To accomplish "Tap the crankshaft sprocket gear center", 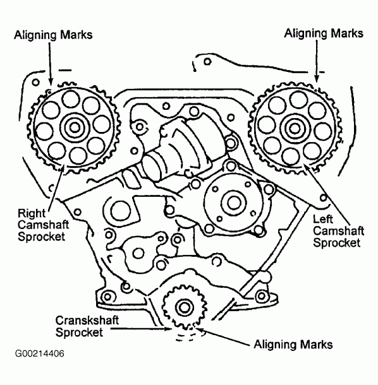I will point(183,307).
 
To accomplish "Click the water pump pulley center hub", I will point(229,203).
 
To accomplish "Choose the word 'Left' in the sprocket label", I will point(325,218).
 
